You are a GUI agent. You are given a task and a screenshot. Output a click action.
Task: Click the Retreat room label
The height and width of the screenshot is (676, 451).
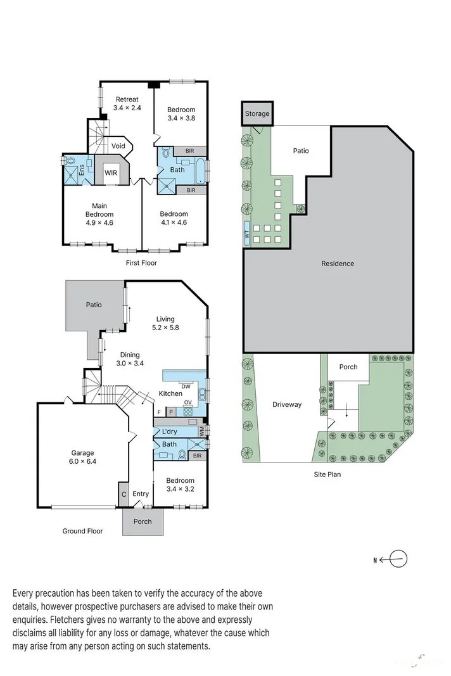(x=126, y=103)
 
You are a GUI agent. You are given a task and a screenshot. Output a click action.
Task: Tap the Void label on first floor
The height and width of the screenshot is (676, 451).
(x=118, y=146)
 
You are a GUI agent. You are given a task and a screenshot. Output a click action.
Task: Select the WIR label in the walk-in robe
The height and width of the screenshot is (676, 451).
(x=111, y=172)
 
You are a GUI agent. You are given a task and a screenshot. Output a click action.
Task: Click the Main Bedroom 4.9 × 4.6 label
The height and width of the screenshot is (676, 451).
(x=99, y=214)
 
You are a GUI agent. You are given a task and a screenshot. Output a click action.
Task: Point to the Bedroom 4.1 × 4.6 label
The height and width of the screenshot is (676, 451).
(x=174, y=218)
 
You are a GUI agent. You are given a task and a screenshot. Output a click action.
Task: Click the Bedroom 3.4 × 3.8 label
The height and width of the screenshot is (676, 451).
(x=181, y=113)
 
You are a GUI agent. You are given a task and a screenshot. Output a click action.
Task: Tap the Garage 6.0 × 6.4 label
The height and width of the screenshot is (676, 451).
(x=82, y=457)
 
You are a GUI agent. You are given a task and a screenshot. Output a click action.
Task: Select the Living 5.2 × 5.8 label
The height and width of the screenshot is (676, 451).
(x=165, y=323)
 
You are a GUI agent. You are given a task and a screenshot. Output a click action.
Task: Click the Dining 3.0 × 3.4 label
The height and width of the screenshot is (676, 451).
(x=130, y=359)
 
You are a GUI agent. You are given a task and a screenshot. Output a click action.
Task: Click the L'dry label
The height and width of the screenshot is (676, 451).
(x=168, y=431)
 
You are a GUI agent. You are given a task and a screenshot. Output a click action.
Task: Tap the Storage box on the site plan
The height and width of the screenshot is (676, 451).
(x=257, y=114)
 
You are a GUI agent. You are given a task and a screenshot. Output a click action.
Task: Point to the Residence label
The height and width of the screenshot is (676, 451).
(x=338, y=264)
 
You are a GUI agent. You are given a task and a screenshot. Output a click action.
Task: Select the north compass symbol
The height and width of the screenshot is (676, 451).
(x=398, y=559)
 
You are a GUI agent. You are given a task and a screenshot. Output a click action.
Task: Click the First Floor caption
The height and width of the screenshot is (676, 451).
(x=141, y=263)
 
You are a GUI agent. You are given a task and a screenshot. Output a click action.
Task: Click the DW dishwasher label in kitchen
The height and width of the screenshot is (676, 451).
(x=186, y=386)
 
